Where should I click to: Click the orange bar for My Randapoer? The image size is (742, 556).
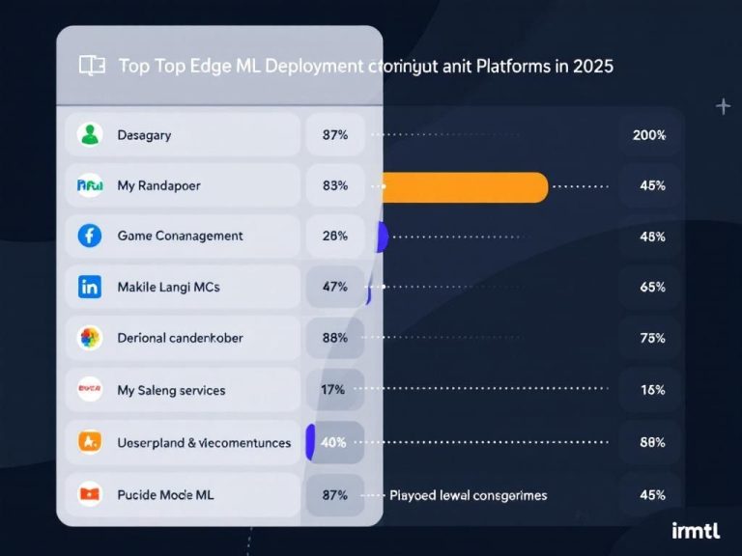(x=465, y=186)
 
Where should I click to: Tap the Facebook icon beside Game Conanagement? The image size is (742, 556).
(x=90, y=236)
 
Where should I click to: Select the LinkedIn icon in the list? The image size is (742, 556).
(x=90, y=287)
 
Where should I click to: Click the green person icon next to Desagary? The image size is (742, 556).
(x=90, y=135)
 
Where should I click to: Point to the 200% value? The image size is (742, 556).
(x=649, y=135)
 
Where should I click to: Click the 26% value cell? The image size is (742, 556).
(x=334, y=236)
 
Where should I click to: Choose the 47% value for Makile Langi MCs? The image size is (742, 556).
(x=334, y=287)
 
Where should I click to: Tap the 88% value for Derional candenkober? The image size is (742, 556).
(x=334, y=338)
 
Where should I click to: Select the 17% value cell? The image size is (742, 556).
(x=334, y=390)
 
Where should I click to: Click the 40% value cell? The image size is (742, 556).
(x=334, y=442)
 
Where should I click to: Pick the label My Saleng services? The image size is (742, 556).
(x=171, y=390)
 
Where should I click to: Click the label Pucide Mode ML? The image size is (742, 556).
(x=165, y=494)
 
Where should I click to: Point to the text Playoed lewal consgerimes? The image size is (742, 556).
(x=468, y=495)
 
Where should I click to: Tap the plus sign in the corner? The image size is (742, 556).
(x=723, y=106)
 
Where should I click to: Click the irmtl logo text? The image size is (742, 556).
(x=696, y=529)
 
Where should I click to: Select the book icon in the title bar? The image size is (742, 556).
(x=92, y=66)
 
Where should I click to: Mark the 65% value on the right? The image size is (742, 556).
(x=652, y=287)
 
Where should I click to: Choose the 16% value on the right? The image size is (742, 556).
(x=652, y=390)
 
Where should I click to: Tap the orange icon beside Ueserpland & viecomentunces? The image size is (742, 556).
(x=90, y=442)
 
